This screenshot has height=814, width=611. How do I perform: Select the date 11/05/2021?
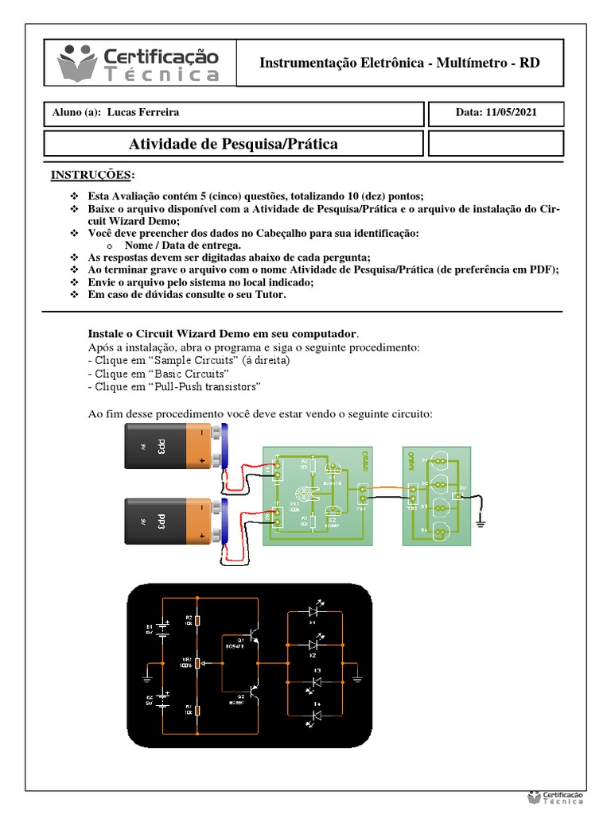pos(509,112)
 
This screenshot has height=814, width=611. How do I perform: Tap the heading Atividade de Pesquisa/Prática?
pos(233,144)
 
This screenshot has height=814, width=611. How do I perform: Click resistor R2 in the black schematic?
pos(198,621)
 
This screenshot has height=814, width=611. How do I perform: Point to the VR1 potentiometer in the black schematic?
pos(198,663)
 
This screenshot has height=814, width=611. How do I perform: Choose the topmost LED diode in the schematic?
pos(313,612)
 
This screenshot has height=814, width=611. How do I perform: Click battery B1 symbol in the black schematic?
pos(162,630)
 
